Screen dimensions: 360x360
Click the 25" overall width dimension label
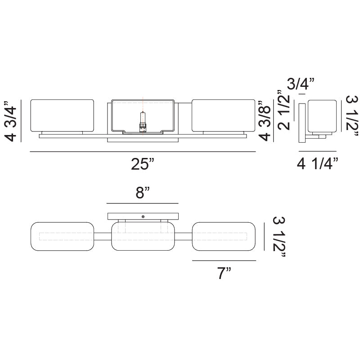coord(142,164)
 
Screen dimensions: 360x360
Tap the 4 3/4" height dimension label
coord(10,121)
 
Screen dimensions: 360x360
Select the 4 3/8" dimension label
coord(265,121)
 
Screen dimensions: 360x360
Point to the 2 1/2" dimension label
coord(284,110)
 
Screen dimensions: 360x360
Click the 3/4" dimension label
coord(301,84)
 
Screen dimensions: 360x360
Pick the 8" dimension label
coord(143,193)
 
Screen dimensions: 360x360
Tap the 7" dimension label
coord(224,273)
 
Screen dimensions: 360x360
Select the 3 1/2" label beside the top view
coord(279,237)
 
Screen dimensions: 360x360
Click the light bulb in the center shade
coord(143,122)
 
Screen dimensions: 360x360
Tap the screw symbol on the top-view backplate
coord(143,216)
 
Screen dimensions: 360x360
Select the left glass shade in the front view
coord(62,116)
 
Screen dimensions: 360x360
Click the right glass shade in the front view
coord(223,116)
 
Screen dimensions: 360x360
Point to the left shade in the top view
coord(62,236)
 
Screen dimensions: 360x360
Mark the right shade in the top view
coord(224,236)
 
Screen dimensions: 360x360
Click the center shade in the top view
coord(143,236)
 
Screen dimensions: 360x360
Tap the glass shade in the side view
coord(322,116)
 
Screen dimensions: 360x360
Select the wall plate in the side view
coord(302,123)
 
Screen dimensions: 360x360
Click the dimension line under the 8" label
coord(143,203)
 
